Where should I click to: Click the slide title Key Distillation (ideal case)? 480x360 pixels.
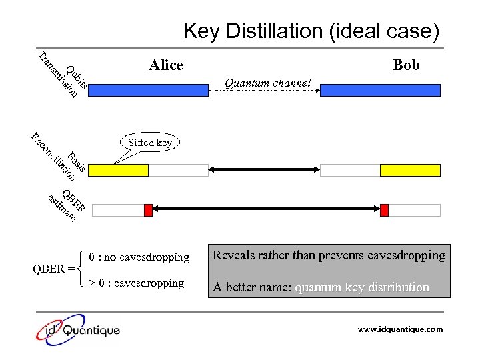coord(311,31)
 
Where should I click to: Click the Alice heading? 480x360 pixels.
coord(166,65)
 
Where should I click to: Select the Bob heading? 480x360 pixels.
coord(406,65)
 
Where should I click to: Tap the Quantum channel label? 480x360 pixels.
coord(268,83)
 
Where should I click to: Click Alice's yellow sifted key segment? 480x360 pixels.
coord(118,170)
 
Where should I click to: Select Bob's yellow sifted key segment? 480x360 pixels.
coord(410,170)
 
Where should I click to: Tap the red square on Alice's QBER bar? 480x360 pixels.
coord(148,210)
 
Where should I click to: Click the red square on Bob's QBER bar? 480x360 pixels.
coord(384,210)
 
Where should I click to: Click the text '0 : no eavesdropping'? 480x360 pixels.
coord(139,257)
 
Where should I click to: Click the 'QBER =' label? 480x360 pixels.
coord(53,269)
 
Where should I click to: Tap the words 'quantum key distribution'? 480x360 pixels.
coord(362,287)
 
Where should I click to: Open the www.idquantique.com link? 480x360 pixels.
coord(400,329)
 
